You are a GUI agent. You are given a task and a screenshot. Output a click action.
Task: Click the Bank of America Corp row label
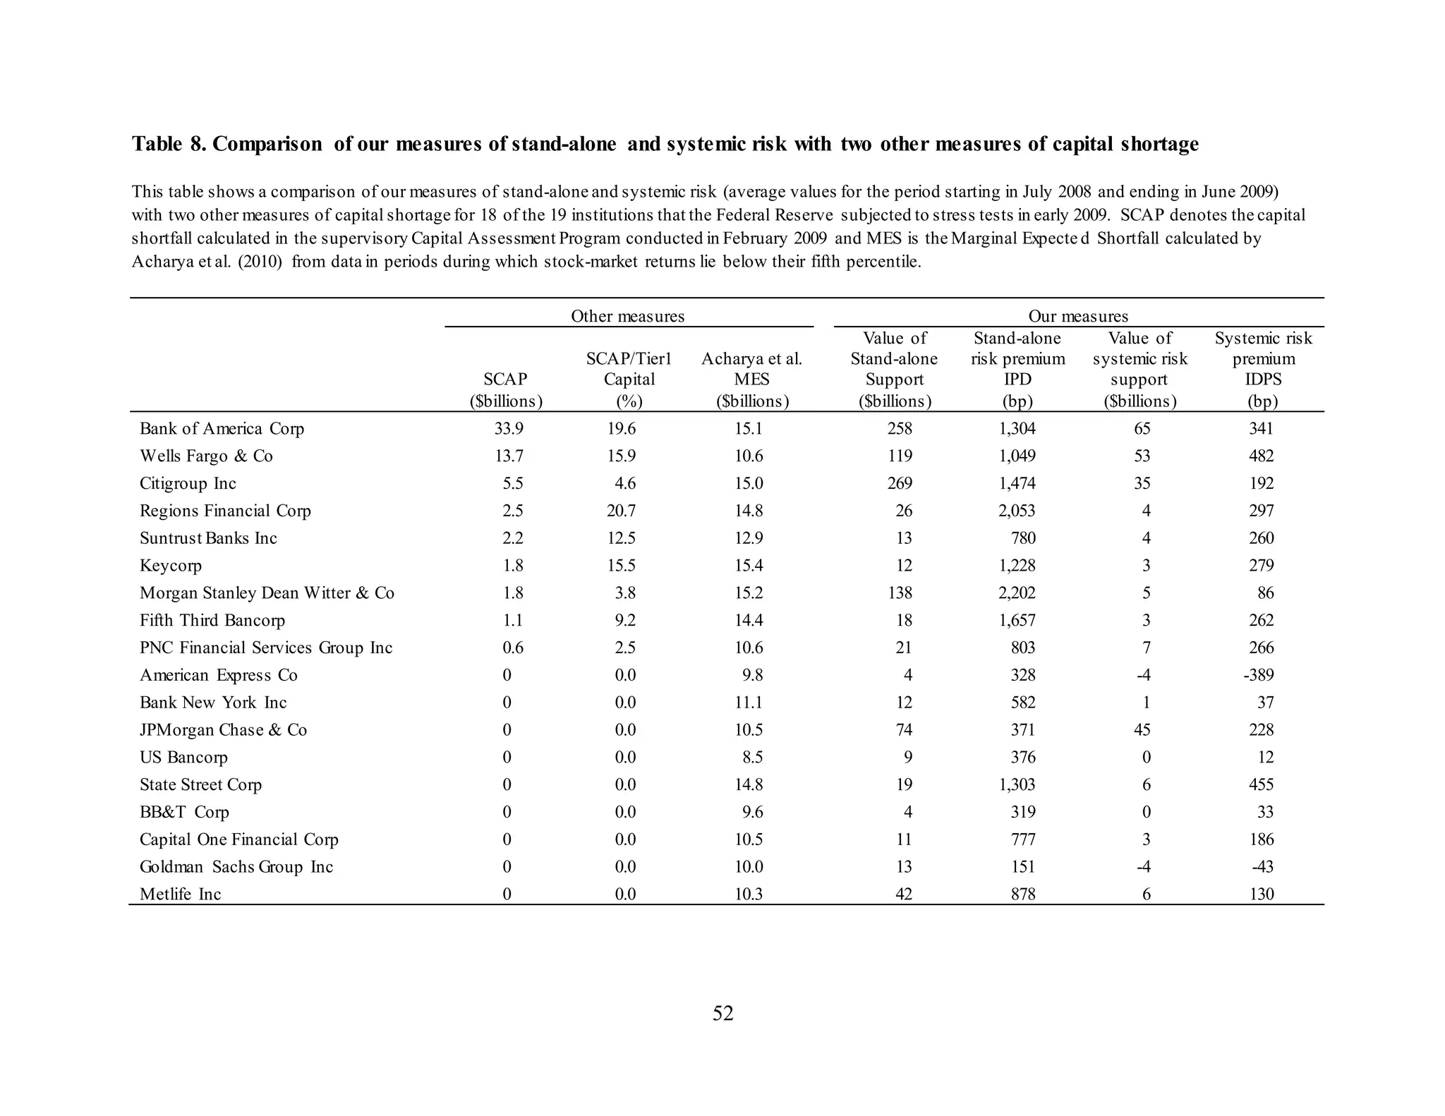pyautogui.click(x=222, y=429)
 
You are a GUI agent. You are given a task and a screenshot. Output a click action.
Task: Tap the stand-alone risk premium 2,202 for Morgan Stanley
pyautogui.click(x=1017, y=593)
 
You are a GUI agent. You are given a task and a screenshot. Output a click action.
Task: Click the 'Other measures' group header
pyautogui.click(x=627, y=316)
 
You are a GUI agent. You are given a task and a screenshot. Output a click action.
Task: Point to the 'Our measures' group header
pyautogui.click(x=1077, y=316)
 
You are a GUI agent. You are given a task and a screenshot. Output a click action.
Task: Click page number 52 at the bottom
pyautogui.click(x=722, y=1014)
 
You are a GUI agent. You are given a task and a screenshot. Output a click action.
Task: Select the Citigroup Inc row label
pyautogui.click(x=188, y=484)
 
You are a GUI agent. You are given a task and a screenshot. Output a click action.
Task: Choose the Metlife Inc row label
pyautogui.click(x=180, y=894)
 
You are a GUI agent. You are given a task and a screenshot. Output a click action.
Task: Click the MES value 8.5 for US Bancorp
pyautogui.click(x=752, y=758)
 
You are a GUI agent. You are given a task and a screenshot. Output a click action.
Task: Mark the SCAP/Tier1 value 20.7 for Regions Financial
pyautogui.click(x=621, y=511)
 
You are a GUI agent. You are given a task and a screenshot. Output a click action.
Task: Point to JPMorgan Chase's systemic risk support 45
pyautogui.click(x=1142, y=730)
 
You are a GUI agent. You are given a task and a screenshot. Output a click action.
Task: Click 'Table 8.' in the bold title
pyautogui.click(x=169, y=144)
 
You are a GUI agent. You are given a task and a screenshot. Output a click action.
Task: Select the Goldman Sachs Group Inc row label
pyautogui.click(x=236, y=867)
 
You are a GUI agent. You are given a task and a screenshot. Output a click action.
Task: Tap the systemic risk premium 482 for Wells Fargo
pyautogui.click(x=1261, y=456)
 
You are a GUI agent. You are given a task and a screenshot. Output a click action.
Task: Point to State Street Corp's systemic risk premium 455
pyautogui.click(x=1261, y=785)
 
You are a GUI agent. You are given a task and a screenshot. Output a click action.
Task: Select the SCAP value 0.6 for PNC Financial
pyautogui.click(x=512, y=648)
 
